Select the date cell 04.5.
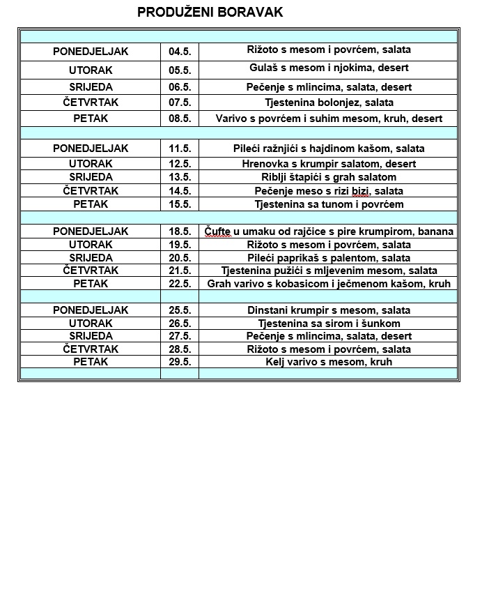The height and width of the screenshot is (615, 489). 179,52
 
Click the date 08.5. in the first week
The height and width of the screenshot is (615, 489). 179,119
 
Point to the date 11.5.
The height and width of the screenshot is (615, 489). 179,149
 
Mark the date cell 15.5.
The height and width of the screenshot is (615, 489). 179,204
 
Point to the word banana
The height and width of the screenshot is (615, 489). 435,231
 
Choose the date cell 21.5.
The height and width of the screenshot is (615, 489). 179,271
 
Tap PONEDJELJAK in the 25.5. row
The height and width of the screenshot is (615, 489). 91,310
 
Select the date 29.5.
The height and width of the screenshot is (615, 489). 179,362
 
